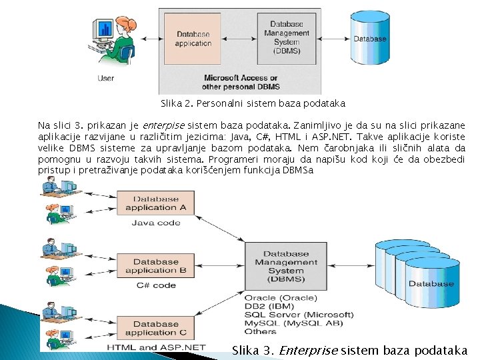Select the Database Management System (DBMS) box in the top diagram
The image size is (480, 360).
286,38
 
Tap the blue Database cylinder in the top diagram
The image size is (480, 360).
369,39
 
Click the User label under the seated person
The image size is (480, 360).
105,78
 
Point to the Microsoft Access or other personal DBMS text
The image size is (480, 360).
241,82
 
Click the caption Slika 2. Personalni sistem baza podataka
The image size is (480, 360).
253,103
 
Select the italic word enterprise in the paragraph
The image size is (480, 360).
163,125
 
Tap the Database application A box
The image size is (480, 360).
155,203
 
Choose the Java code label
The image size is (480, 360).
155,223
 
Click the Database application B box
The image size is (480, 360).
155,266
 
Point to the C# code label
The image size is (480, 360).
155,285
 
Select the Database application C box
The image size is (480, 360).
155,328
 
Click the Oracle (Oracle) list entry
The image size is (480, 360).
280,297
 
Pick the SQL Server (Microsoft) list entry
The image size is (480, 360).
299,314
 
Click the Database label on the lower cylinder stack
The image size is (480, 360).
431,284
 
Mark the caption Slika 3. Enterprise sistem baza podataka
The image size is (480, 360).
349,350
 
